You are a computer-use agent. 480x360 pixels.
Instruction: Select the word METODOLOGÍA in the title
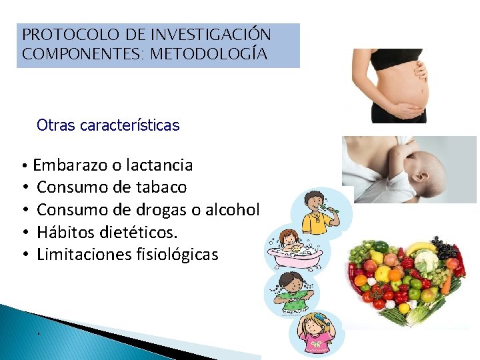tap(209, 54)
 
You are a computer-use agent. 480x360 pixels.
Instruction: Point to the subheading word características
tap(129, 125)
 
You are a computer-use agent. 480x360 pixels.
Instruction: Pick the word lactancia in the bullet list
tap(160, 165)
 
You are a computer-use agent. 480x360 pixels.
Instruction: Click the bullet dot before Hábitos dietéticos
tap(23, 233)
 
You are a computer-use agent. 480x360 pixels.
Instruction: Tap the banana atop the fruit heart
tap(420, 249)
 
